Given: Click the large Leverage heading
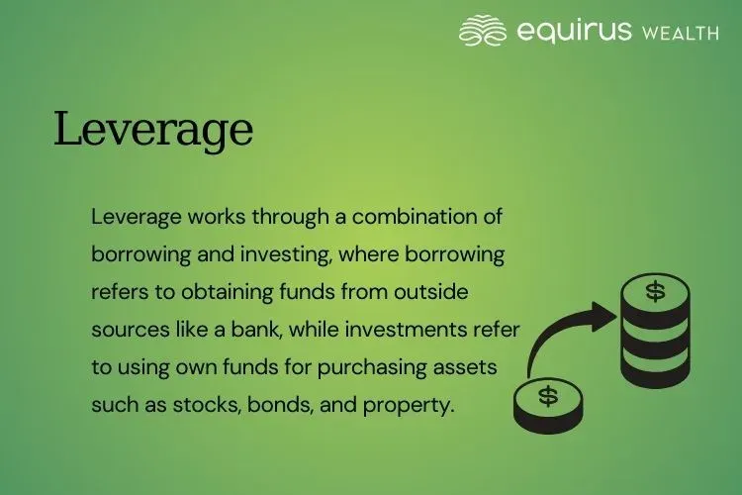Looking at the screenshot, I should pos(153,130).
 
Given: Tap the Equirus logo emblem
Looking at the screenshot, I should pos(483,31).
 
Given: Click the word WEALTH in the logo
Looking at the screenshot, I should pos(680,33).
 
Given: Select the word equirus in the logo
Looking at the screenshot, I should pos(573,31).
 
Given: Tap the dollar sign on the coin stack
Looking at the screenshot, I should pos(655,291).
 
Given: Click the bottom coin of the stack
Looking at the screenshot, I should pos(654,371).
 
